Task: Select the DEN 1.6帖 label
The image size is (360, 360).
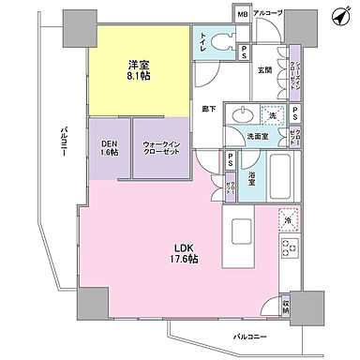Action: [x=109, y=147]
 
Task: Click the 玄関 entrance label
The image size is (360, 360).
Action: [x=265, y=70]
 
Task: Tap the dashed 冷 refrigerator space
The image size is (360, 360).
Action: [x=287, y=218]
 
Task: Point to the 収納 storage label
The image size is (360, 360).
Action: [x=286, y=305]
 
